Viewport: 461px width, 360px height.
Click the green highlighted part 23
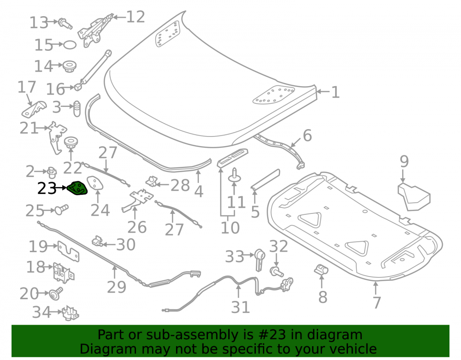click(77, 188)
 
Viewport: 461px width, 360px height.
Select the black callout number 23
click(47, 188)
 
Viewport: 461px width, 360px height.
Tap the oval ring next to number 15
click(70, 45)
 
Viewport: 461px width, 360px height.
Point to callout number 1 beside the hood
click(335, 92)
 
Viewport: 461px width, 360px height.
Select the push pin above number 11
click(234, 175)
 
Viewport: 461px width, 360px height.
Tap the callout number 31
click(240, 307)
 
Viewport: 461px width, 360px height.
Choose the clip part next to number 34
click(71, 313)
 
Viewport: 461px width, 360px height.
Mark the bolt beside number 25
click(61, 209)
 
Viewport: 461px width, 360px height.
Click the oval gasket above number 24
click(95, 183)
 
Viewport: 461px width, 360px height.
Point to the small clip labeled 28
click(152, 181)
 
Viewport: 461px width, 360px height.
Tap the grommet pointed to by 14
click(70, 66)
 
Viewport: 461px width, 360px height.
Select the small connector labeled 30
click(97, 241)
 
